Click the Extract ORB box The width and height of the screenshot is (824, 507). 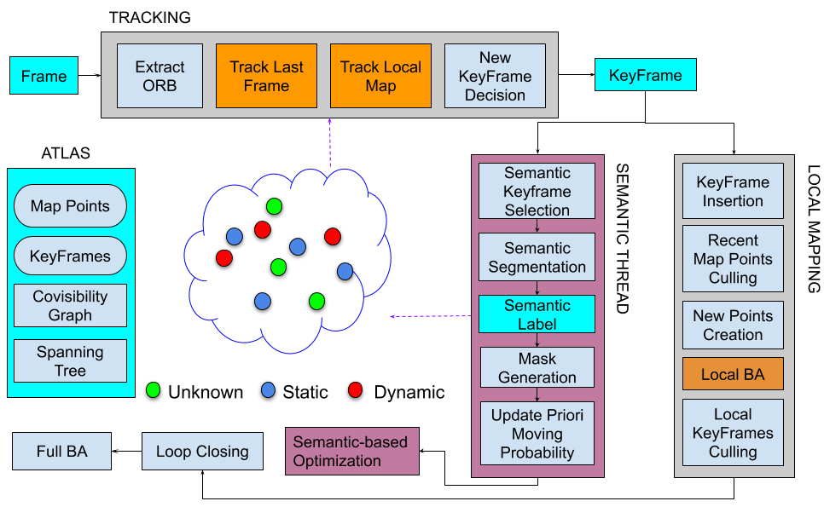pyautogui.click(x=160, y=76)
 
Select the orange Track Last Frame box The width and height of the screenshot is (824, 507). pyautogui.click(x=266, y=76)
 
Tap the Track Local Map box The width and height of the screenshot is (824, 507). pyautogui.click(x=380, y=76)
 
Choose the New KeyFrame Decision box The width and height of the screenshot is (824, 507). pyautogui.click(x=495, y=76)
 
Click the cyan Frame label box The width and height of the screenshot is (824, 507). pyautogui.click(x=44, y=76)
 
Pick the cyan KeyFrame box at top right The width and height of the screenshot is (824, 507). pyautogui.click(x=645, y=75)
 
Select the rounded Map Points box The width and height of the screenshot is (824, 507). pyautogui.click(x=70, y=206)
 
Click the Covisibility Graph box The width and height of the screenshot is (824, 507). pyautogui.click(x=70, y=306)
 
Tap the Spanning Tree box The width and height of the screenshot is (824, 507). pyautogui.click(x=70, y=360)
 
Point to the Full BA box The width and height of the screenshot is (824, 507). pyautogui.click(x=61, y=451)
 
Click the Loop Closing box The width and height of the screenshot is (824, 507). pyautogui.click(x=202, y=451)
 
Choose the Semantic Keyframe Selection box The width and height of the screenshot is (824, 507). pyautogui.click(x=537, y=191)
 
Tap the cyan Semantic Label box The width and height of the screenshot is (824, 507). pyautogui.click(x=537, y=314)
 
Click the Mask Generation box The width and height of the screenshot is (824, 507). pyautogui.click(x=537, y=367)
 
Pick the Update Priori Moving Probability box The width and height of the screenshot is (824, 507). pyautogui.click(x=537, y=434)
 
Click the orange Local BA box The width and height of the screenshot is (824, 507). pyautogui.click(x=733, y=374)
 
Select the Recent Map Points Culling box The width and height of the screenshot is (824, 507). pyautogui.click(x=733, y=259)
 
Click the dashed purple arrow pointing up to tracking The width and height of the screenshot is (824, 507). pyautogui.click(x=329, y=143)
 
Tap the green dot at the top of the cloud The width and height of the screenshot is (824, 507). pyautogui.click(x=274, y=205)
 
